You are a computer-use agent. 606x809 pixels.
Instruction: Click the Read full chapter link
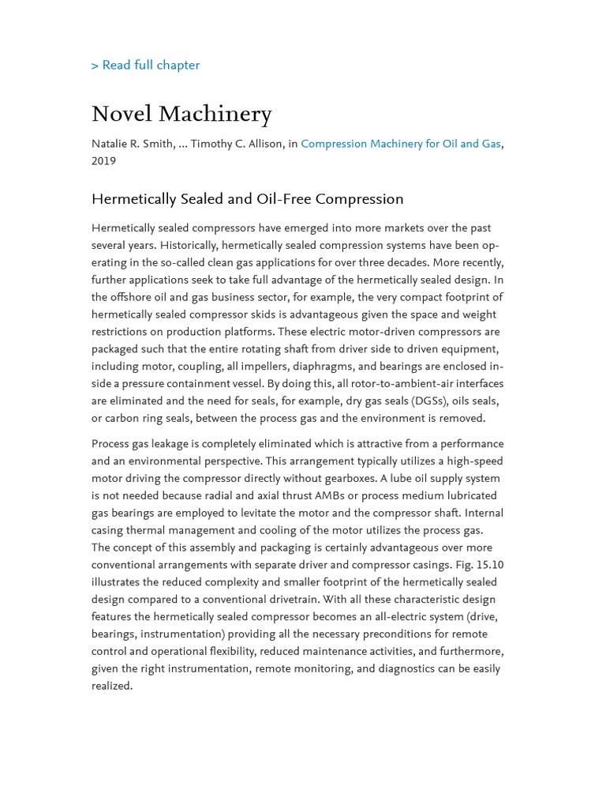click(146, 66)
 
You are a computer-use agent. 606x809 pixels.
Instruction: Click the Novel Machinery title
click(181, 115)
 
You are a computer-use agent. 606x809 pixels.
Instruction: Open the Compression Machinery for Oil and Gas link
click(400, 144)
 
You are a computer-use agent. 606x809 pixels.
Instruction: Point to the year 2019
click(103, 161)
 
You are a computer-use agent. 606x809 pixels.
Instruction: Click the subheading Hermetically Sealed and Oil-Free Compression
click(247, 199)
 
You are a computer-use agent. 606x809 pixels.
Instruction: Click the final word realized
click(111, 687)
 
